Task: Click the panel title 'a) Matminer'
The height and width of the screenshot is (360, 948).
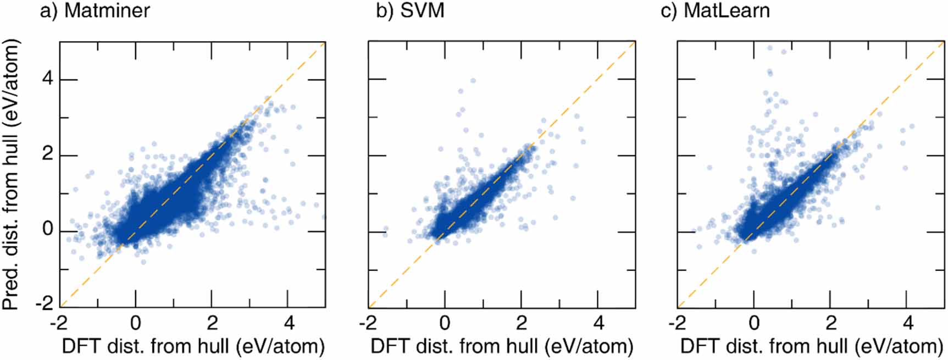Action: (95, 11)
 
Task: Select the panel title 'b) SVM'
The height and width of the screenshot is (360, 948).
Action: (410, 11)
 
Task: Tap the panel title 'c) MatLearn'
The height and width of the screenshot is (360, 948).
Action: (715, 11)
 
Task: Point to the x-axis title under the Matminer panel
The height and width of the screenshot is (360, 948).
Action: (193, 346)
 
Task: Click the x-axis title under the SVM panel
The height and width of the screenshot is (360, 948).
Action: (502, 346)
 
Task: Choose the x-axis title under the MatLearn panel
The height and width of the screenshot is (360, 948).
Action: (812, 346)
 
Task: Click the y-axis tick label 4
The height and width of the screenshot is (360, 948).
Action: (48, 79)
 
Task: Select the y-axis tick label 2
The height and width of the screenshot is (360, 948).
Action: (48, 154)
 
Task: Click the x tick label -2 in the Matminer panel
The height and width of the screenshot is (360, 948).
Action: (58, 322)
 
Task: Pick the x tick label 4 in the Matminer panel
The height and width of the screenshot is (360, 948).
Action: (289, 322)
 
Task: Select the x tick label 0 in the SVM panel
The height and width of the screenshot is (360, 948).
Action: (445, 322)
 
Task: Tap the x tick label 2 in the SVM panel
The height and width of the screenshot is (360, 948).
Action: (522, 322)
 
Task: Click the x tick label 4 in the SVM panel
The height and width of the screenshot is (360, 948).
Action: (598, 322)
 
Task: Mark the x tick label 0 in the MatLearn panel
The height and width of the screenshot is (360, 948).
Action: (754, 322)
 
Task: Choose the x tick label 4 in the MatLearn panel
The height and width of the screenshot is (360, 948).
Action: (908, 322)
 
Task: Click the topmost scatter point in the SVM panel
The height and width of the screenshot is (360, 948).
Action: (473, 81)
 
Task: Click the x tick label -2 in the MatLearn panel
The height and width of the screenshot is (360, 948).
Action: (677, 322)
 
